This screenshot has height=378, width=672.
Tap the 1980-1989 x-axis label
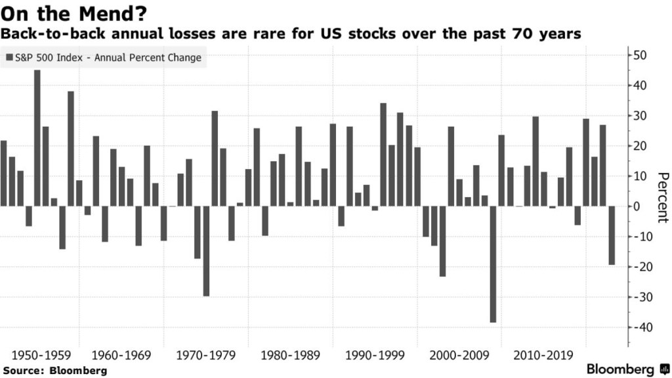(290, 356)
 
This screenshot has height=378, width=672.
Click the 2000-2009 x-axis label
(459, 356)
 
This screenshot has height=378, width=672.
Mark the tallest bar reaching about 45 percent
(37, 138)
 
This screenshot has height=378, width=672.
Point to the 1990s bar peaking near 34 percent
(383, 154)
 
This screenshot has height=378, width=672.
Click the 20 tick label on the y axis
(640, 146)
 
